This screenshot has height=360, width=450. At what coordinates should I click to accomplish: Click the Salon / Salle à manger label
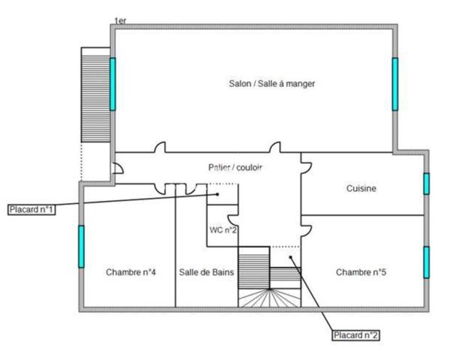tap(271, 84)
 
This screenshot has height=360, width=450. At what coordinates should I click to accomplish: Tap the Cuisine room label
tap(361, 188)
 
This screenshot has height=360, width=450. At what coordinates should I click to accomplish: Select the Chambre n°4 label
tap(130, 271)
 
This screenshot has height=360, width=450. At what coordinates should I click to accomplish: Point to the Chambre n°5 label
tap(361, 271)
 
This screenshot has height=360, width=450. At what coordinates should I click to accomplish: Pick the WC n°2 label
tap(223, 229)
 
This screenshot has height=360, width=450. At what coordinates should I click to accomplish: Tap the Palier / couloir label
tap(235, 167)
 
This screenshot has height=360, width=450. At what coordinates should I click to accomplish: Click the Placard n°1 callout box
tap(31, 208)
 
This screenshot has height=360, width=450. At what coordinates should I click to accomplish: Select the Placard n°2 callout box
tap(356, 335)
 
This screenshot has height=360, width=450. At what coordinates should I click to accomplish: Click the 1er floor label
tap(120, 20)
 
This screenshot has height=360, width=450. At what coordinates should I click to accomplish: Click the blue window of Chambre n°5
tap(426, 262)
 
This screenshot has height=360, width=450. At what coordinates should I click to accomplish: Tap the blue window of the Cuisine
tap(426, 184)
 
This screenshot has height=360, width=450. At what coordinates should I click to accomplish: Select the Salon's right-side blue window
tap(394, 83)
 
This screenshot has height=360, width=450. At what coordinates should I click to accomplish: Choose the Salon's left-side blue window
tap(112, 83)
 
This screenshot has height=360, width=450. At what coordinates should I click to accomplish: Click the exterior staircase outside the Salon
tap(94, 95)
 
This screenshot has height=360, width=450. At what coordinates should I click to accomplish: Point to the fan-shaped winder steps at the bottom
tap(268, 298)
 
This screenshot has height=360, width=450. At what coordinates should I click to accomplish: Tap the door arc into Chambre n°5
tap(306, 223)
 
